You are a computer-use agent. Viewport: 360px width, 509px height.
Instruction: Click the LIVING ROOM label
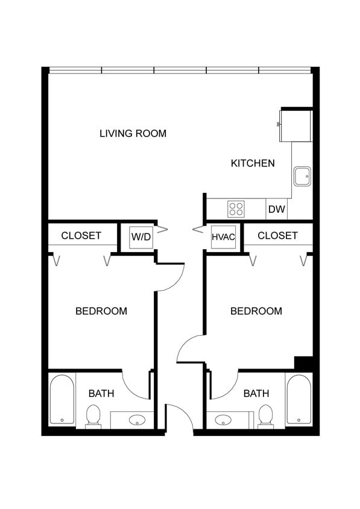(x=133, y=133)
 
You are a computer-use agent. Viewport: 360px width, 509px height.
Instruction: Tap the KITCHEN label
(x=253, y=163)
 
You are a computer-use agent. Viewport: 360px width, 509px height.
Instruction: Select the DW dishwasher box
(x=276, y=209)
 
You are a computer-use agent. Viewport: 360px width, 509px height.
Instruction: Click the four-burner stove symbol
(x=236, y=209)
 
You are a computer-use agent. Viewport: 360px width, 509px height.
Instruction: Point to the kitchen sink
(x=302, y=176)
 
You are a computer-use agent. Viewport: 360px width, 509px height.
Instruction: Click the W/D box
(x=141, y=236)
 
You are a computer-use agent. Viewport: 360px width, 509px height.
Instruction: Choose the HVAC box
(x=223, y=236)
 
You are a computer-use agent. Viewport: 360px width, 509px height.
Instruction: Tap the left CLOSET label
(x=81, y=235)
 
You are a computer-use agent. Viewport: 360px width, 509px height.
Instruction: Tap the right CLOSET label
(x=277, y=235)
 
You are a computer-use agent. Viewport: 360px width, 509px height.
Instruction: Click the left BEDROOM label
(x=101, y=311)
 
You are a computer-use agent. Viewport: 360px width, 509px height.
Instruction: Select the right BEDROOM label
(x=256, y=311)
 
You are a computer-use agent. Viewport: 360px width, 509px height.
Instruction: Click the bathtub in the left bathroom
(x=62, y=399)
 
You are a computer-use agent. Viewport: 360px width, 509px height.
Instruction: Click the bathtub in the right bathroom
(x=298, y=399)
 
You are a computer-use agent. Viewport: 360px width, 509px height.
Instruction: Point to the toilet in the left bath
(x=93, y=415)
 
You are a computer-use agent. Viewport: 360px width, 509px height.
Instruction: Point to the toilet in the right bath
(x=265, y=415)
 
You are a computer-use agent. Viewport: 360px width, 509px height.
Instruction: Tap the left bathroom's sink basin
(x=137, y=420)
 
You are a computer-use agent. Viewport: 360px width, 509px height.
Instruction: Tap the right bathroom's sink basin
(x=224, y=420)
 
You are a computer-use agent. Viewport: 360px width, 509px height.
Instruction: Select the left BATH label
(x=101, y=394)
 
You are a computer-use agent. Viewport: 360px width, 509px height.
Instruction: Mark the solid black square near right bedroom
(x=303, y=364)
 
